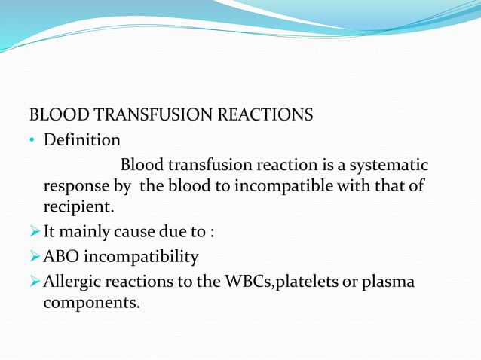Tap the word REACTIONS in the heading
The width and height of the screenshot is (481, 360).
click(265, 116)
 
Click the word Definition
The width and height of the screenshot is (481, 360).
click(82, 140)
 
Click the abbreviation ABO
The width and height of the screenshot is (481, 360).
click(60, 257)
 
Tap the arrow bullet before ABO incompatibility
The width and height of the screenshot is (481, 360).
click(35, 257)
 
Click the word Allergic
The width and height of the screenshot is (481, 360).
click(75, 282)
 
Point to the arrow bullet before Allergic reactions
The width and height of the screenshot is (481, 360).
click(35, 282)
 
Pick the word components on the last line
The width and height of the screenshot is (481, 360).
click(91, 304)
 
